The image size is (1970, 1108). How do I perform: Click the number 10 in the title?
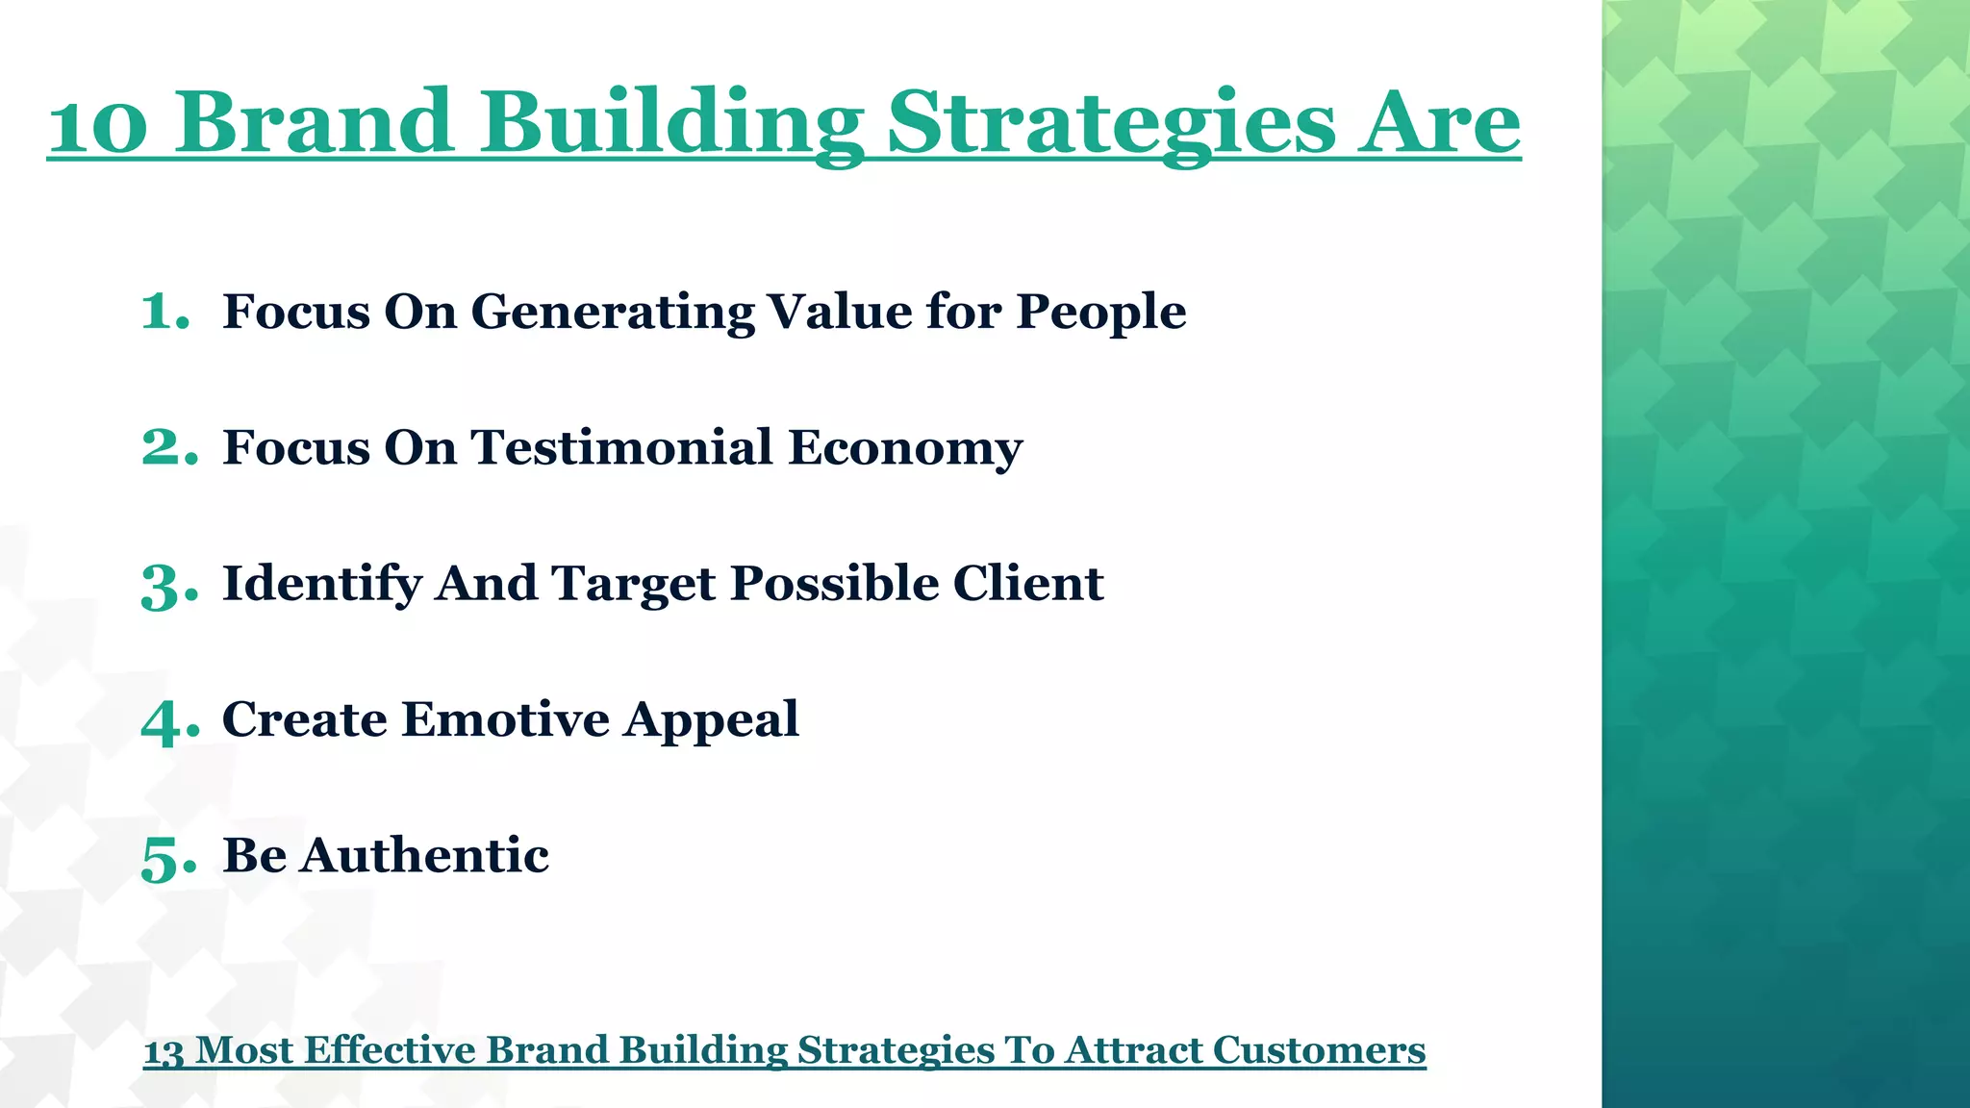click(98, 125)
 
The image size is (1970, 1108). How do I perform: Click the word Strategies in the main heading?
click(1110, 125)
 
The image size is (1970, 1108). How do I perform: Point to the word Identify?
click(321, 585)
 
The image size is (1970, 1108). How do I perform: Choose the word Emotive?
click(505, 719)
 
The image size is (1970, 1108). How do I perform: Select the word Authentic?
click(423, 855)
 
